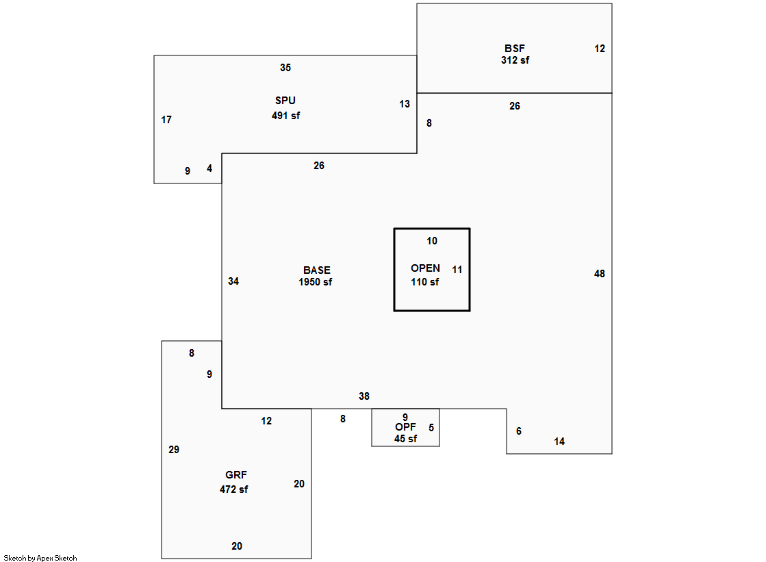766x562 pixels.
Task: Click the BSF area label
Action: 515,49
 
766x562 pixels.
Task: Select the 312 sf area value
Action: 515,60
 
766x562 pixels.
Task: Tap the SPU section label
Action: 285,101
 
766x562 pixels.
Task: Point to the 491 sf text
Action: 285,116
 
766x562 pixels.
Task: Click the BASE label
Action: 316,270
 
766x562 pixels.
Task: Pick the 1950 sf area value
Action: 316,282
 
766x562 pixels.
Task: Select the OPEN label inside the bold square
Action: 425,268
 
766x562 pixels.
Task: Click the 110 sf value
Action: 425,282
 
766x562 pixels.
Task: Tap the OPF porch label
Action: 405,427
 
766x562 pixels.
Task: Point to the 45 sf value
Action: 405,439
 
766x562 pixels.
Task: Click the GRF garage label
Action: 236,475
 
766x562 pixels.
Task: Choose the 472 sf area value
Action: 233,489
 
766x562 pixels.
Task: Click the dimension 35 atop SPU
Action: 285,68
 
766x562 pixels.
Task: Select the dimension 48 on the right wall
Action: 600,274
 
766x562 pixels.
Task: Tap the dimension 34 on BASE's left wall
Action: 233,281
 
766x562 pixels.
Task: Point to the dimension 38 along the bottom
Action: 364,396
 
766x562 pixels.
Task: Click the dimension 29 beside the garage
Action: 174,450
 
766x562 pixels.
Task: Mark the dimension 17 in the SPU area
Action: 166,120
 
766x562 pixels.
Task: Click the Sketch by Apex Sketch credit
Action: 40,559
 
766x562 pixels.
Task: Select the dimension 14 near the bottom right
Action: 559,442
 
